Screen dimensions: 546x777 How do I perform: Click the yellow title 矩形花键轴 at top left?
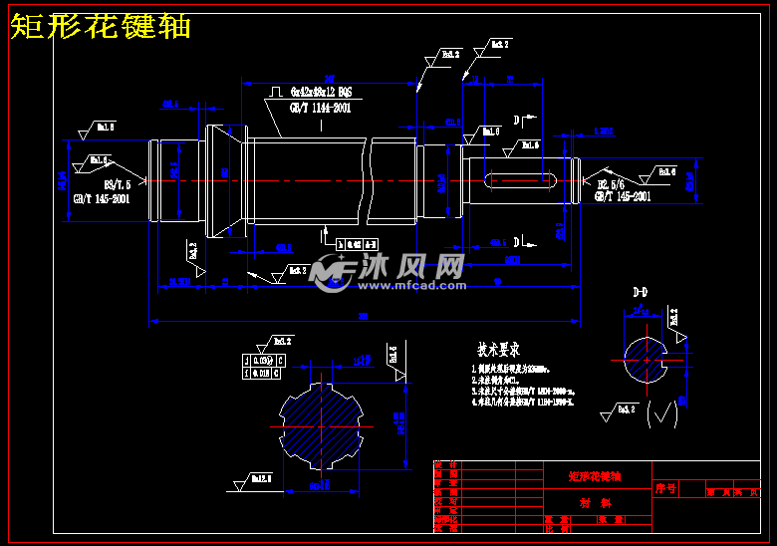(100, 27)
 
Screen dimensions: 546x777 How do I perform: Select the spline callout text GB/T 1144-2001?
(320, 108)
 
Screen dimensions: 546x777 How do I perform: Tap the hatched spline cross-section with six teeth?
(319, 422)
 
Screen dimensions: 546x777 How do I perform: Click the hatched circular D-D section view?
(646, 357)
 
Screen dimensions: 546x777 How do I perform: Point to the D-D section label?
(641, 292)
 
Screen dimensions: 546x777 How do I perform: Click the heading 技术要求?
(498, 351)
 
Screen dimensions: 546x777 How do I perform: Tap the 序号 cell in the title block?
(665, 488)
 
